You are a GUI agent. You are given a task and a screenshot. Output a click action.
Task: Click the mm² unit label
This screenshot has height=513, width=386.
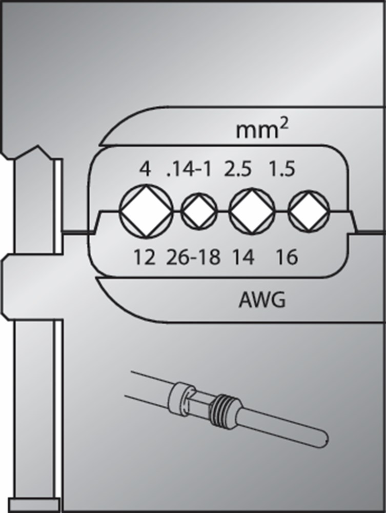tap(260, 131)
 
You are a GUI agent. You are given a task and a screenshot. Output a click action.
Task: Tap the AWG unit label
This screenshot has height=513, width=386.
tap(261, 300)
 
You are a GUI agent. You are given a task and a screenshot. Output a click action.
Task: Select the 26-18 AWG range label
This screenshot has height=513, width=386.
tap(193, 258)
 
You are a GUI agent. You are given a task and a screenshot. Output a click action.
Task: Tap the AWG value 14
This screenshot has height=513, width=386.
tap(243, 258)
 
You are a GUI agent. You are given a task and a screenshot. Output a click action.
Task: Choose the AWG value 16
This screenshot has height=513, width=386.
tap(288, 258)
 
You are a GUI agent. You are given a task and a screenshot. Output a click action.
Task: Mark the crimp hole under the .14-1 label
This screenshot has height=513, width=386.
tap(198, 211)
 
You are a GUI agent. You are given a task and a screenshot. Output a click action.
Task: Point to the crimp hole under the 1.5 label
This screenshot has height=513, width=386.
tap(307, 211)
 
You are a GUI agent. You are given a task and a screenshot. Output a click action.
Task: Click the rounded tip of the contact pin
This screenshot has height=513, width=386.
tap(320, 439)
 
